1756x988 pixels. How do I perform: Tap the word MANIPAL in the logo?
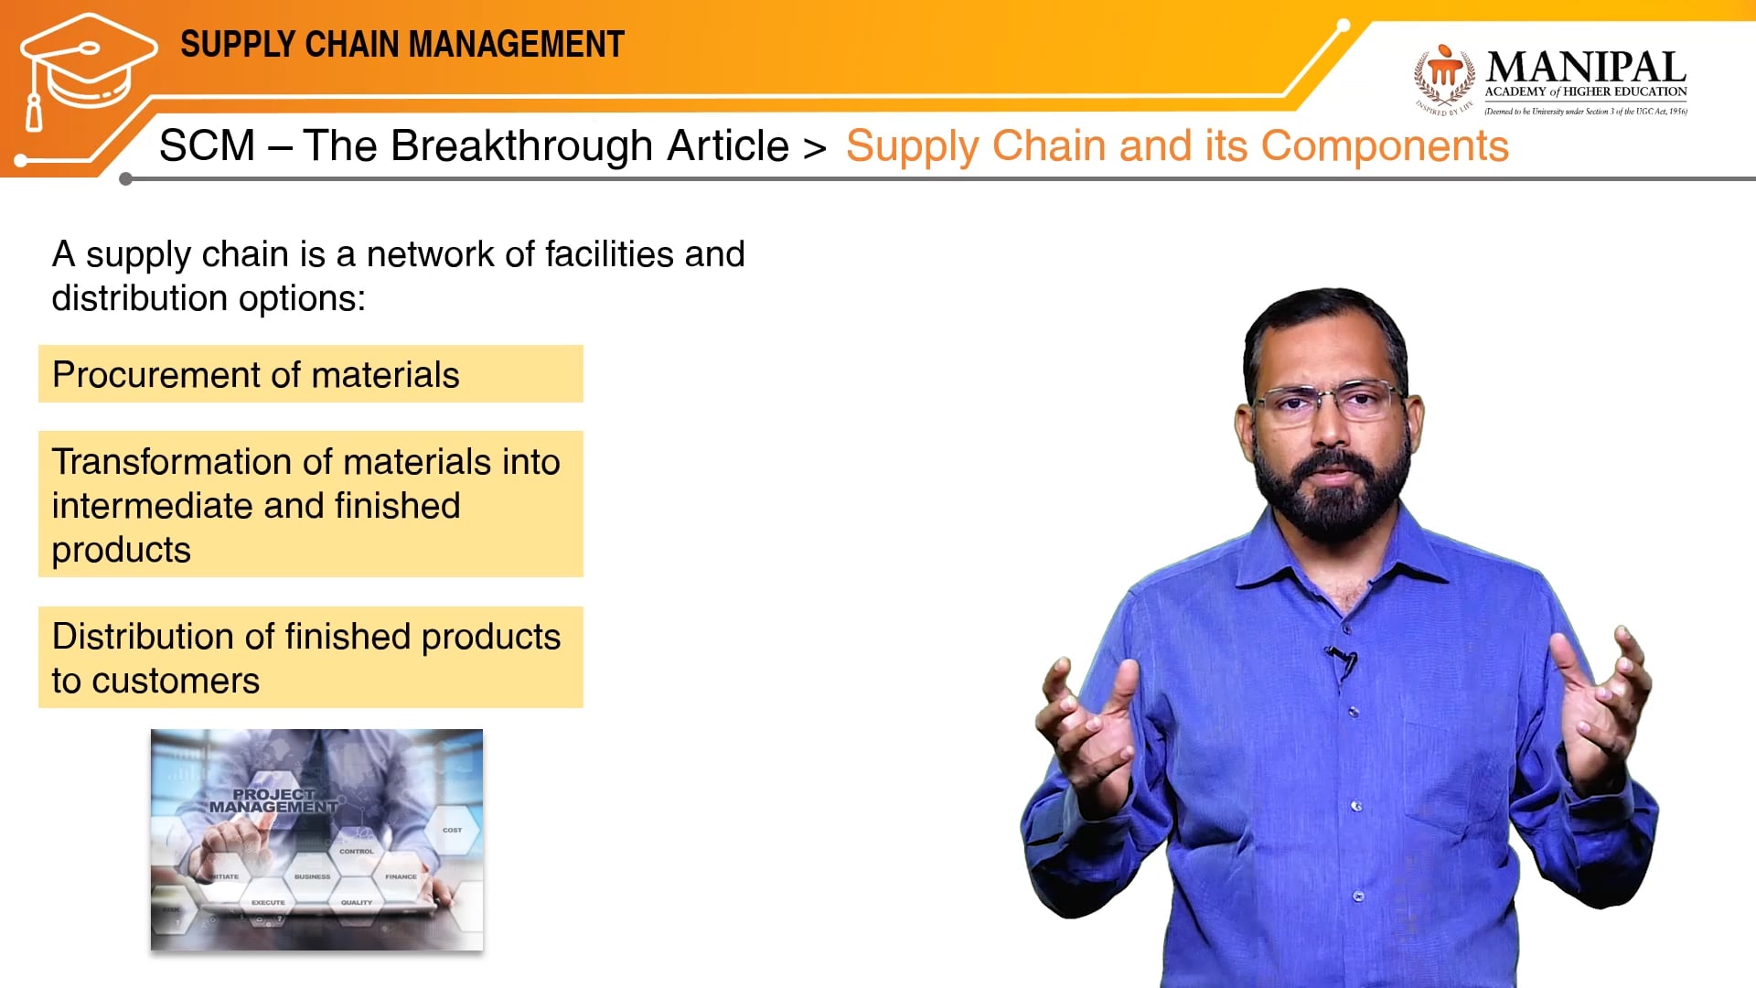pos(1586,68)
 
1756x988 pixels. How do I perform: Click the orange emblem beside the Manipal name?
pos(1444,75)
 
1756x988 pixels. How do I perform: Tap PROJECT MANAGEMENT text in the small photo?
pos(273,800)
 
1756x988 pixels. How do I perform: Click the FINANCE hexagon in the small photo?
pos(401,875)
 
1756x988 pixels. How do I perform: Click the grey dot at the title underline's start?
pos(126,179)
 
